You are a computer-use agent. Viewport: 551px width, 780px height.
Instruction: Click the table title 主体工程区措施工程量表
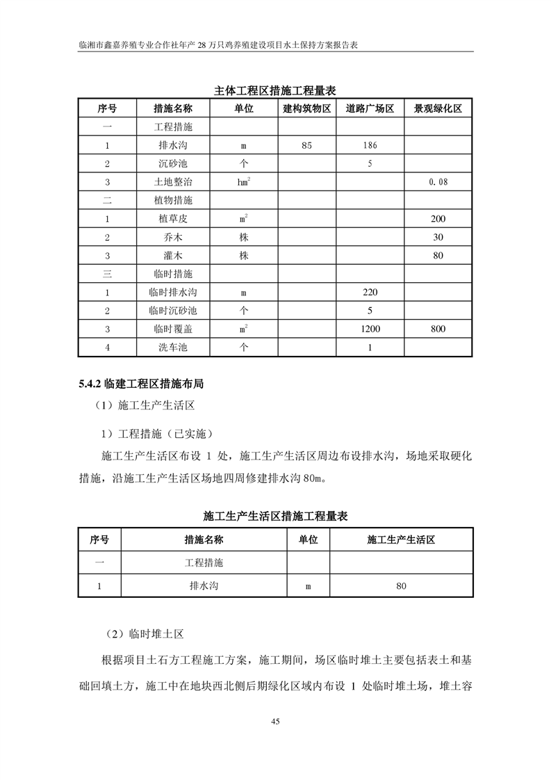275,90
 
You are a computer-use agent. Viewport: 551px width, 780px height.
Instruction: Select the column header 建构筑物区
306,109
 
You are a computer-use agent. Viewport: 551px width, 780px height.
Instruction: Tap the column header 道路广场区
370,109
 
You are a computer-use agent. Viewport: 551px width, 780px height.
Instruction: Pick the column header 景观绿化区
438,109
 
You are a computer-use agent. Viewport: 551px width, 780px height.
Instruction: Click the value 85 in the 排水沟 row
306,146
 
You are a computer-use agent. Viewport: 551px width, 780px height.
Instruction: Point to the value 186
370,146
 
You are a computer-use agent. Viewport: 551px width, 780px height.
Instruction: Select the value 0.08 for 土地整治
438,182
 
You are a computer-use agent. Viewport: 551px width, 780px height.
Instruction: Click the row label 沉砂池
172,164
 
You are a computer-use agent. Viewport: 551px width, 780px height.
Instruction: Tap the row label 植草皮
172,219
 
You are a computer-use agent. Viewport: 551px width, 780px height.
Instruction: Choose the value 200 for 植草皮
438,219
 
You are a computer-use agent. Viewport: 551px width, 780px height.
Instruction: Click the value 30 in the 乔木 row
438,237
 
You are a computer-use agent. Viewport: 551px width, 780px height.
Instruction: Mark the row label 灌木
172,256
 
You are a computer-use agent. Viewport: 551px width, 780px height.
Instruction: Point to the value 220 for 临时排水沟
370,292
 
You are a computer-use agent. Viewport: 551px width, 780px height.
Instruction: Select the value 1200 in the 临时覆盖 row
370,329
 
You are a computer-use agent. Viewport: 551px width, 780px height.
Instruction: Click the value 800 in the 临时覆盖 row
438,329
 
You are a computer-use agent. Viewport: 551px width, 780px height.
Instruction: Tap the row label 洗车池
172,347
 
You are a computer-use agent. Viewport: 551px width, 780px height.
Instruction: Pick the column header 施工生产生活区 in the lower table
401,539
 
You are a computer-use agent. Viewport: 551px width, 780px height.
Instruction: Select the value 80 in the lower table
401,586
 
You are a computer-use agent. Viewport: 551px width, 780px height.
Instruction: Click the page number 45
275,722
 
